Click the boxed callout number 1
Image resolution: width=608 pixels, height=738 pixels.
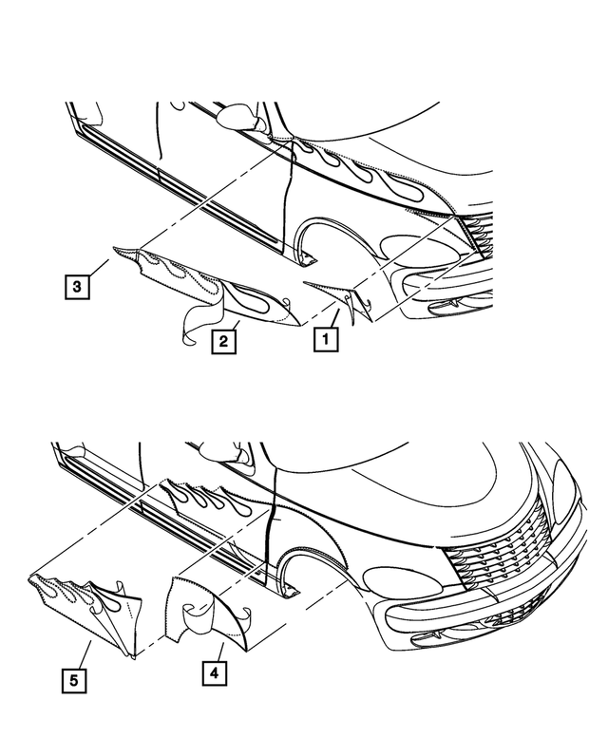tap(326, 339)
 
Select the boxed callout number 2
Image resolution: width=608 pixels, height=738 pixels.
tap(223, 341)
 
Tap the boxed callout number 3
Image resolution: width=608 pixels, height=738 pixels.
tap(77, 286)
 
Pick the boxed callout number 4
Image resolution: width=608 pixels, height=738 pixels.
tap(214, 673)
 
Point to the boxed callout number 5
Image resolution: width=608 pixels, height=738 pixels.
tap(74, 681)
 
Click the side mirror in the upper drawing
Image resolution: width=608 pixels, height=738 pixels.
tap(241, 116)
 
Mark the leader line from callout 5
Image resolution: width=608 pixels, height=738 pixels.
tap(84, 654)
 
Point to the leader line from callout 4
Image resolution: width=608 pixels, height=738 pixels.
tap(219, 653)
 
